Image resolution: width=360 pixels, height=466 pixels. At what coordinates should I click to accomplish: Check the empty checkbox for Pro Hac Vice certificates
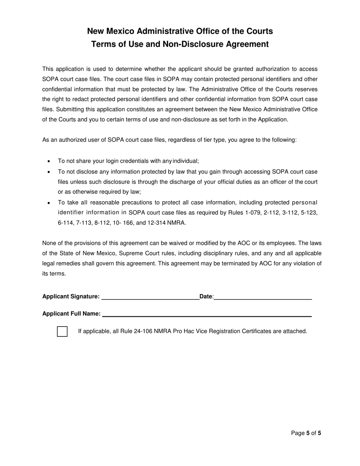[x=62, y=332]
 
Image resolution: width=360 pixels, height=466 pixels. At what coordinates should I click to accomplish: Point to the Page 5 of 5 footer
[x=306, y=433]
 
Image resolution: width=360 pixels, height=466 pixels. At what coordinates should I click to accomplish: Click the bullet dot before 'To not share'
[x=49, y=161]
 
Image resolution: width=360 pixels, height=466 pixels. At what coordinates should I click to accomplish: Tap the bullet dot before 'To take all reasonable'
[x=49, y=203]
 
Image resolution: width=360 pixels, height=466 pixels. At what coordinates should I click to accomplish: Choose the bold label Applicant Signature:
[x=71, y=297]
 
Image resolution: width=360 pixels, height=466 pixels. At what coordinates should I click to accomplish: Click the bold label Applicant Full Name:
[x=71, y=314]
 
